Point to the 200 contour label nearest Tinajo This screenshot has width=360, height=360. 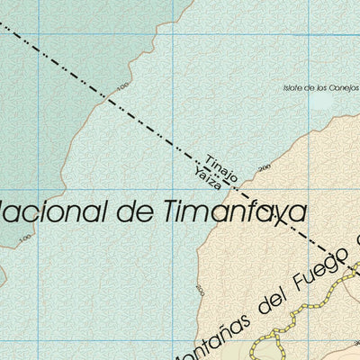coord(264,168)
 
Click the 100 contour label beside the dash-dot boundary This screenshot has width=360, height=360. coord(121,87)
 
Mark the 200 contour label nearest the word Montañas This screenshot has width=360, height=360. coord(199,289)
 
